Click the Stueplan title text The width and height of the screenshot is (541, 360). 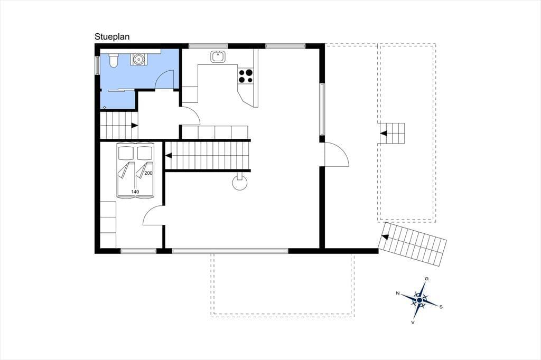112,37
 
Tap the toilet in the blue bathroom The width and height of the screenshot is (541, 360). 114,60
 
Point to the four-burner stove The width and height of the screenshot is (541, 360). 246,76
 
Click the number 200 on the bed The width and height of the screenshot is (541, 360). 148,173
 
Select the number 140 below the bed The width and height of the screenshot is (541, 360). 135,192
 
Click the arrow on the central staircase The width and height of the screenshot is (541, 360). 169,156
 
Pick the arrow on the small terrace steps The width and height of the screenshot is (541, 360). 384,133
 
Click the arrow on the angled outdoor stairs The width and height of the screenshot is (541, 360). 385,237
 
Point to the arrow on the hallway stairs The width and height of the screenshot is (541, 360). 135,126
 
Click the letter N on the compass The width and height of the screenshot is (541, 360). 398,293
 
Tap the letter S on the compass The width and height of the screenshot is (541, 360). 441,307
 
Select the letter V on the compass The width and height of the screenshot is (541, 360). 413,322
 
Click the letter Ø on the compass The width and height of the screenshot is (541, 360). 427,278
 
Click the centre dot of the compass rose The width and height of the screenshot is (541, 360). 419,300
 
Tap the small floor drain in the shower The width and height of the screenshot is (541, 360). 105,107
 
